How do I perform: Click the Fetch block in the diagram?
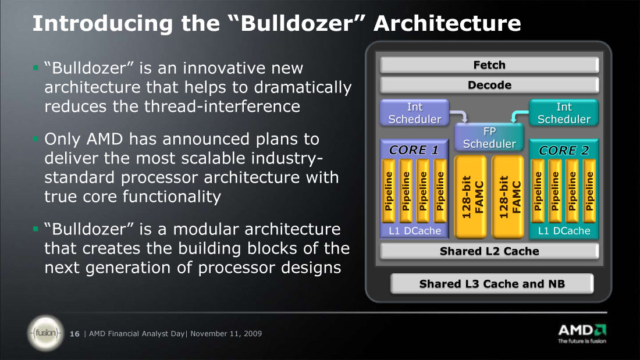(x=489, y=65)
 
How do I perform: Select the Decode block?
(x=489, y=85)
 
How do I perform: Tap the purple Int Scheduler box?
(x=415, y=113)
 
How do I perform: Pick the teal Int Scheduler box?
(x=564, y=113)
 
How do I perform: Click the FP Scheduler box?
(x=489, y=138)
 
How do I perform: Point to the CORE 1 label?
(x=414, y=150)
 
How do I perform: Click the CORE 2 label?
(x=564, y=151)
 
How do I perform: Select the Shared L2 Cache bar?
(x=489, y=251)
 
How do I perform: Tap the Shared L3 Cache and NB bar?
(x=492, y=284)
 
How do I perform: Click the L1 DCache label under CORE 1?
(x=415, y=231)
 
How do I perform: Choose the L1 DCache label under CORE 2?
(x=564, y=231)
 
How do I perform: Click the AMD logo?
(x=582, y=334)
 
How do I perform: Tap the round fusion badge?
(x=46, y=333)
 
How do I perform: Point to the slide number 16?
(x=74, y=334)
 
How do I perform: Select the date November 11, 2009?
(x=226, y=333)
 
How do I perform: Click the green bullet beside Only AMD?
(x=35, y=139)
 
